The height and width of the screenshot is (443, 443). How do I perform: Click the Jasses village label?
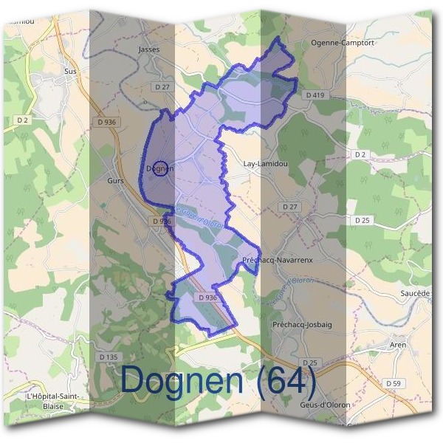point(149,49)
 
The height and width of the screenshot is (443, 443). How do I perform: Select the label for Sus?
point(71,71)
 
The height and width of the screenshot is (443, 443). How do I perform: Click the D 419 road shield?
point(315,95)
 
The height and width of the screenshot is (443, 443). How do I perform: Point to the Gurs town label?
point(115,180)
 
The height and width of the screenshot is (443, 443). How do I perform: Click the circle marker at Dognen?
point(165,168)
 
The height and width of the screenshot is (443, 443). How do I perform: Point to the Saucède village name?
point(414,293)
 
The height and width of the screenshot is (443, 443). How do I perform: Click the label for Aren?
point(397,345)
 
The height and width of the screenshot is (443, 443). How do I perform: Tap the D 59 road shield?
point(394,384)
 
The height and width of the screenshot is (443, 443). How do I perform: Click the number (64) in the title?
point(285,381)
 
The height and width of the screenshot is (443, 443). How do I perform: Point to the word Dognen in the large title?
point(182,381)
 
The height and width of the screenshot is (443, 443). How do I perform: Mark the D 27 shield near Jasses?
point(162,87)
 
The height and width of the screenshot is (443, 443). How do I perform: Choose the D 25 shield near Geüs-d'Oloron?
point(310,363)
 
